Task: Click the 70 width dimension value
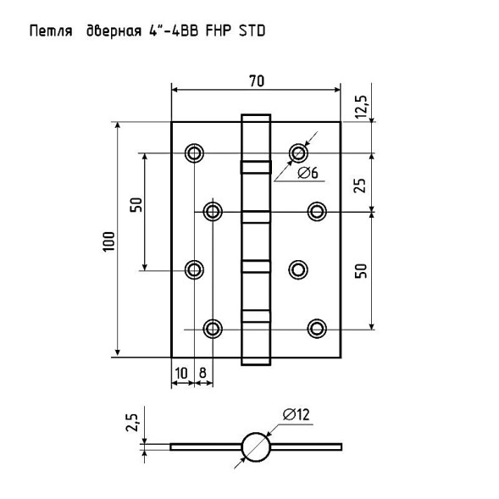257,80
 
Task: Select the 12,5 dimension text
361,107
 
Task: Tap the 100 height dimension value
108,241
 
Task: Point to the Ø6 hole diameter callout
308,174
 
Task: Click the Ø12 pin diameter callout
296,414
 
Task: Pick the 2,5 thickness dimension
132,423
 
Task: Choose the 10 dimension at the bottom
181,373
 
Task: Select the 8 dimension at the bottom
202,373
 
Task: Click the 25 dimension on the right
360,186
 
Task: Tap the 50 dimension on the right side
361,271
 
